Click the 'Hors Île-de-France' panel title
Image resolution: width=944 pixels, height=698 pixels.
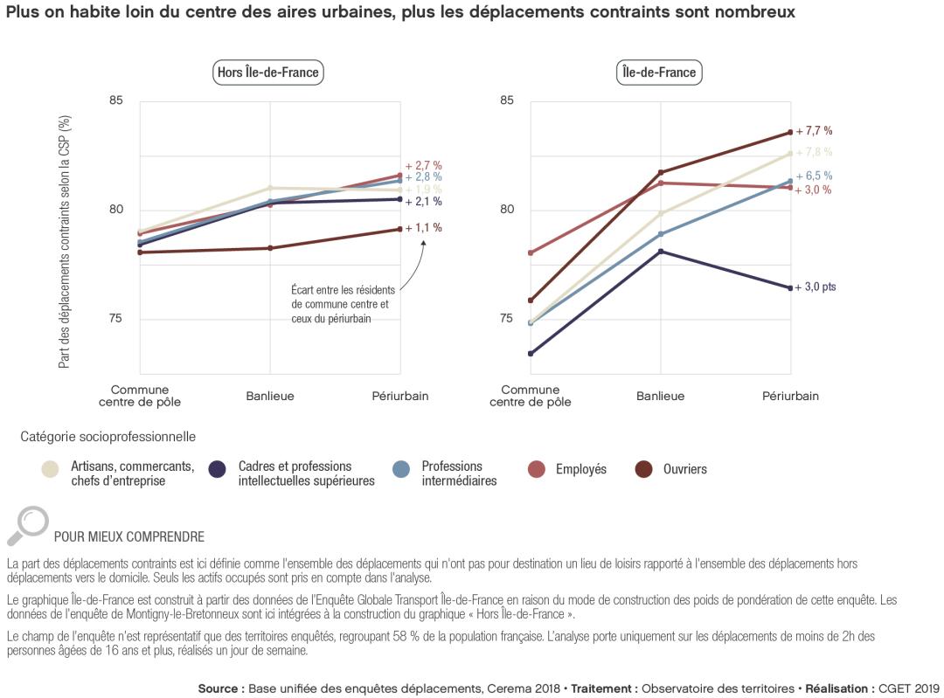[x=268, y=73]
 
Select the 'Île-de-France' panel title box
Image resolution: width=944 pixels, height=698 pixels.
[x=659, y=73]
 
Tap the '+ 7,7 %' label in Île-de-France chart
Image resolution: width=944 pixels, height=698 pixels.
[x=813, y=131]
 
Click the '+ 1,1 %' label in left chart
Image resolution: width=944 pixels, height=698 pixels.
[x=423, y=228]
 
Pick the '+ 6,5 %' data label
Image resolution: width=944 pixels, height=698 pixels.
[x=813, y=176]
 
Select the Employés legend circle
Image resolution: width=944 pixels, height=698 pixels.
[x=537, y=470]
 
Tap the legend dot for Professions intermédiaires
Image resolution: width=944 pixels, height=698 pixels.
[x=401, y=470]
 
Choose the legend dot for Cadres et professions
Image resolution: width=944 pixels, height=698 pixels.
[x=218, y=470]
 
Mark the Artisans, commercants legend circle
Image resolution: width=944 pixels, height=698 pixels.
[x=51, y=470]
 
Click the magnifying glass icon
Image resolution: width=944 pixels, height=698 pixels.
[x=28, y=525]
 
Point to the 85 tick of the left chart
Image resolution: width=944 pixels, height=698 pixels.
[x=116, y=101]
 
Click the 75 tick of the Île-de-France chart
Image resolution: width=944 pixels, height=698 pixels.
[x=507, y=319]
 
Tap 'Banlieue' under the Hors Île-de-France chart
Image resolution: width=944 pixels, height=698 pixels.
[x=269, y=396]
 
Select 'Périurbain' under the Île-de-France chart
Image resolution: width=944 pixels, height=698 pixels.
[x=790, y=396]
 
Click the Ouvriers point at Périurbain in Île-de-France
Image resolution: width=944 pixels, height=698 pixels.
[x=790, y=132]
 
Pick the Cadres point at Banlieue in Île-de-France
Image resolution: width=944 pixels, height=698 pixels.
[x=661, y=252]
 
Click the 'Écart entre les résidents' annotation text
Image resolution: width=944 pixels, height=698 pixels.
[x=343, y=289]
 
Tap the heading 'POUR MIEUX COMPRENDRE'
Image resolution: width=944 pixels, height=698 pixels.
[x=129, y=536]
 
